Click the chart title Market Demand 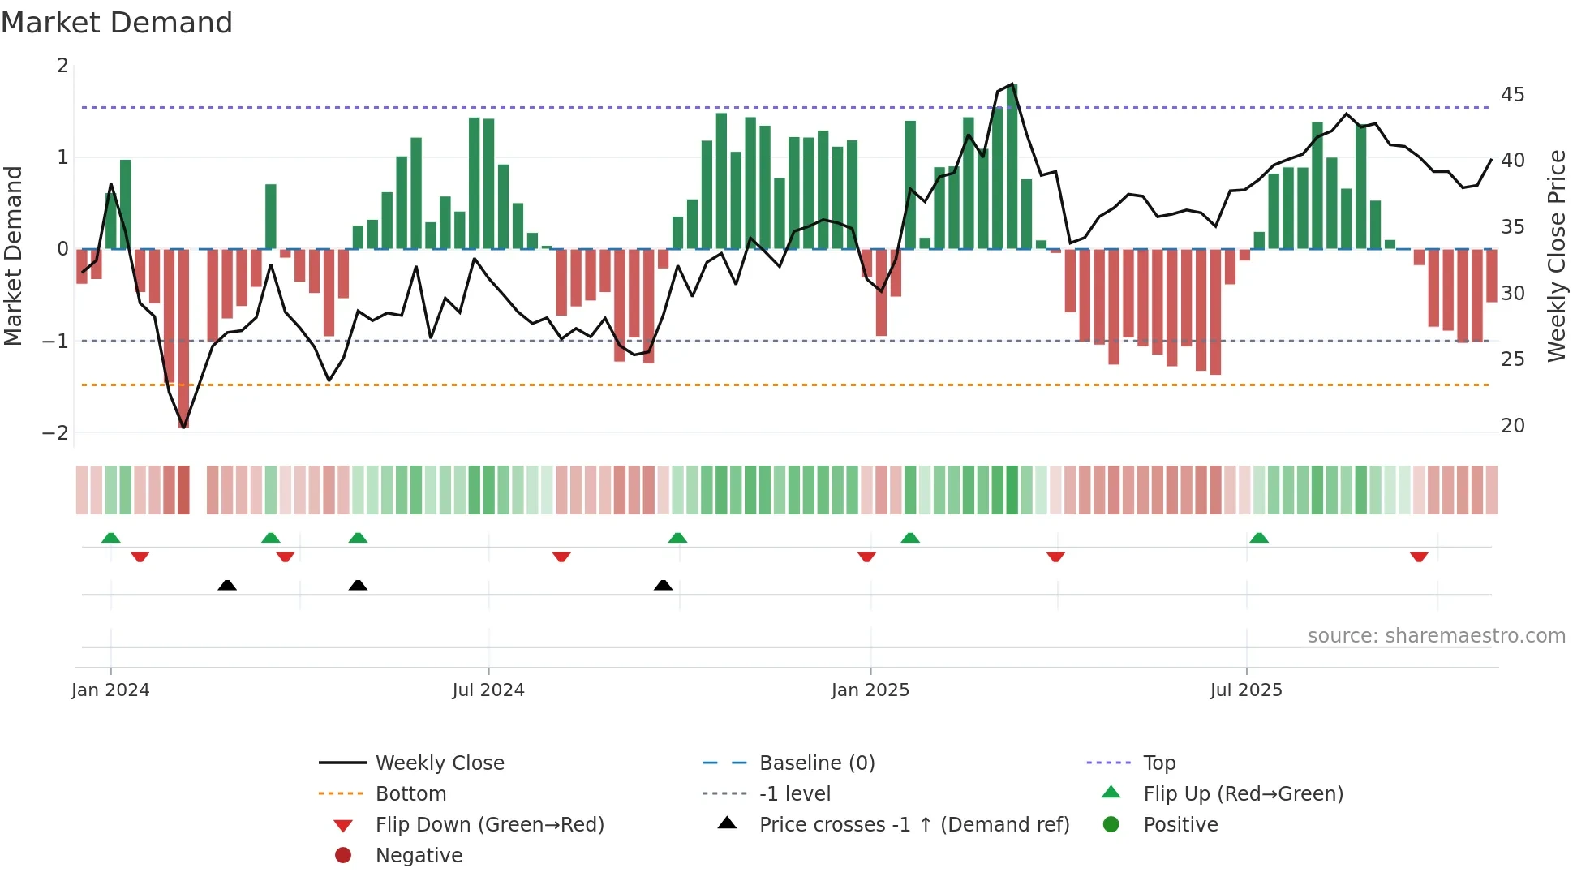point(117,23)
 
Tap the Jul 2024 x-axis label point(488,690)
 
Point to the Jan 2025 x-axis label point(870,690)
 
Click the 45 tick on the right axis point(1512,95)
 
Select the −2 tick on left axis point(55,433)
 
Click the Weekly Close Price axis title point(1556,256)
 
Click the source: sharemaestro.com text point(1436,636)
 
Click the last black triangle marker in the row point(663,585)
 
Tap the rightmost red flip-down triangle point(1419,557)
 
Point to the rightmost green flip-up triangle point(1259,538)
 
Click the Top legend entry point(1158,763)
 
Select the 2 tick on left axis point(62,66)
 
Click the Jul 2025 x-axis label point(1245,690)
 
